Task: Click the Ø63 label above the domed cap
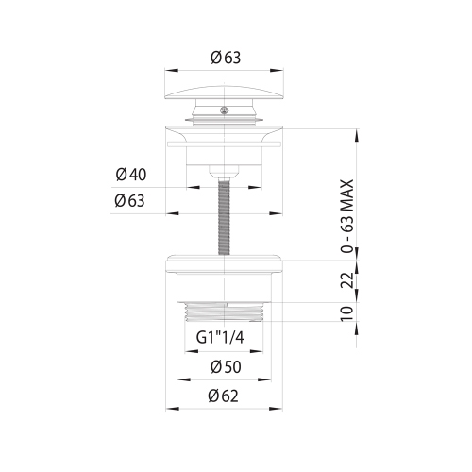(225, 58)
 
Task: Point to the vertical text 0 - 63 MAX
(347, 216)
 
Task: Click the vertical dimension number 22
(347, 279)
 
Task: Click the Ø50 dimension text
(224, 365)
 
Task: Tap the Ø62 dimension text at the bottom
(224, 396)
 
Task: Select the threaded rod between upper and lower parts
(225, 217)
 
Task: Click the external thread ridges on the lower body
(225, 312)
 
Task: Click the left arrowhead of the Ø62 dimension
(170, 409)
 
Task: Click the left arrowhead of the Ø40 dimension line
(188, 187)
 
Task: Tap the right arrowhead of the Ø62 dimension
(279, 409)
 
